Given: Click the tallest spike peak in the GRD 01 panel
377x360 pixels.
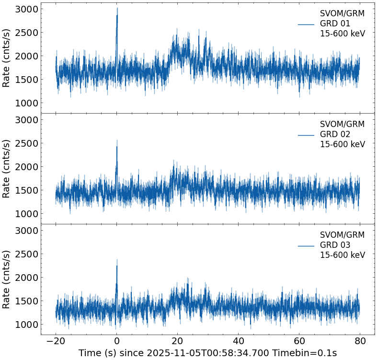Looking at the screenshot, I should [117, 8].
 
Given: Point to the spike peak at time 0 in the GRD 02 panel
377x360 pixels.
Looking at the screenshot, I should [117, 140].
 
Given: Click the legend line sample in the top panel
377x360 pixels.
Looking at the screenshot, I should [306, 24].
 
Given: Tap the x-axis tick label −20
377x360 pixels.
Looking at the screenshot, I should [56, 341].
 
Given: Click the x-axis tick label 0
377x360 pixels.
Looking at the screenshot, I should [116, 341].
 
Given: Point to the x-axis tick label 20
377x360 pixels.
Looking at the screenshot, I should [177, 341].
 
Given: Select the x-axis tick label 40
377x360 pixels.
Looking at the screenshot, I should [238, 341].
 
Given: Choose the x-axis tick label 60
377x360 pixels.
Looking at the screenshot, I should [299, 341].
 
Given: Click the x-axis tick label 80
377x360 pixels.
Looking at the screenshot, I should [360, 341].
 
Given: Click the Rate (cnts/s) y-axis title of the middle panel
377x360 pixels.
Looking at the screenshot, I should [7, 168].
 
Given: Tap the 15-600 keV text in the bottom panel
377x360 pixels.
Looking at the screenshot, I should [342, 255].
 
